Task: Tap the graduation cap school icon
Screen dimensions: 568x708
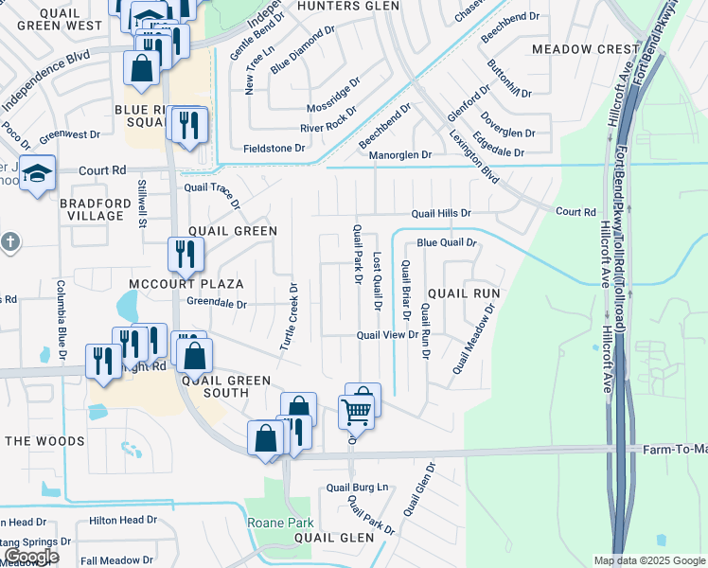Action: click(38, 174)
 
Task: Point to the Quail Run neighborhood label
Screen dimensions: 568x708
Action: click(463, 294)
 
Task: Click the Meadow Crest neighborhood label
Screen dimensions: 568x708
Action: click(586, 48)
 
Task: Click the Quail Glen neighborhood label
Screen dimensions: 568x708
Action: click(334, 537)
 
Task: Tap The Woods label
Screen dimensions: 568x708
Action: click(44, 441)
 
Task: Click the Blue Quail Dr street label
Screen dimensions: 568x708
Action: click(446, 243)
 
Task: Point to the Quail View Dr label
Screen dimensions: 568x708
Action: click(387, 335)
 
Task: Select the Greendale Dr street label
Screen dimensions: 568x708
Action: click(216, 305)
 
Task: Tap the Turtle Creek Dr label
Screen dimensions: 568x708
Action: click(289, 317)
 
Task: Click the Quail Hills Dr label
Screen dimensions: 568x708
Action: click(440, 214)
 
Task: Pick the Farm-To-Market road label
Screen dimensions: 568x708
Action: click(674, 449)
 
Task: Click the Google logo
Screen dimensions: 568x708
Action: click(30, 558)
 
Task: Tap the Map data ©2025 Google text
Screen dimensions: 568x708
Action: click(649, 560)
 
